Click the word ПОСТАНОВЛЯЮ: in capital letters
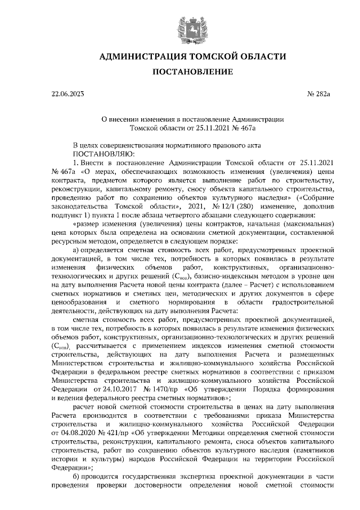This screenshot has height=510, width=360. coord(102,153)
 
